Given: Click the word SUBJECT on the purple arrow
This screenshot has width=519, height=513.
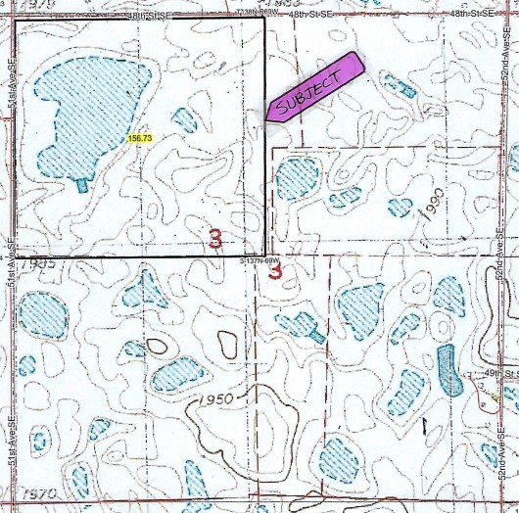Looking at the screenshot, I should tap(309, 90).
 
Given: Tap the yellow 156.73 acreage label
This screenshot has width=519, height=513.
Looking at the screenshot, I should tap(140, 138).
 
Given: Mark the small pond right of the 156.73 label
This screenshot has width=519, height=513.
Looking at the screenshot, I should tap(183, 119).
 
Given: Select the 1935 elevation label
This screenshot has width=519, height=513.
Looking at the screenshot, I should tap(41, 263).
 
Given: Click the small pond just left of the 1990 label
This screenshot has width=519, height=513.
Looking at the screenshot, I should tap(400, 207).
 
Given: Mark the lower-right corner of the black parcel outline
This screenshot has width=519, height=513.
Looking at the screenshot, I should tap(265, 256).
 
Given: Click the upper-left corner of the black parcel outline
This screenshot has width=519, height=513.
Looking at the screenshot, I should tap(15, 19).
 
